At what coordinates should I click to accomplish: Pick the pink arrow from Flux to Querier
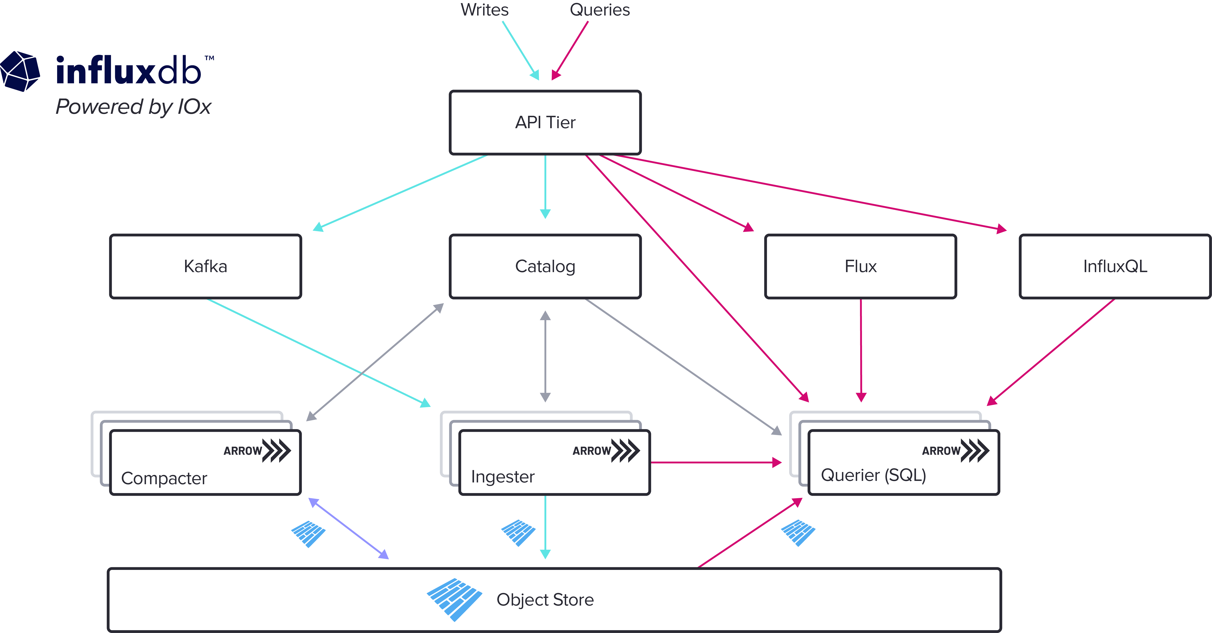pyautogui.click(x=861, y=348)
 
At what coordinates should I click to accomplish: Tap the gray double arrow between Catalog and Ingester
pyautogui.click(x=545, y=356)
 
